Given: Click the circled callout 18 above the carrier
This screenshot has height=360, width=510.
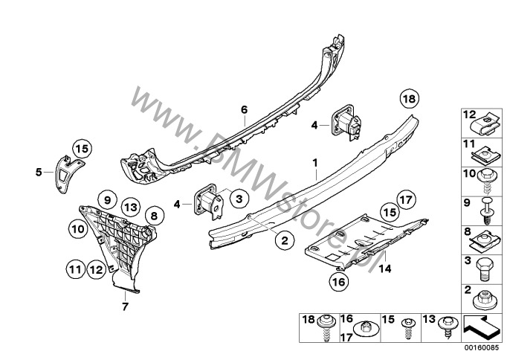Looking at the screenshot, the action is (x=410, y=98).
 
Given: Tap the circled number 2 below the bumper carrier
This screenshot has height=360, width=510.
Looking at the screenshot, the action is (x=285, y=240).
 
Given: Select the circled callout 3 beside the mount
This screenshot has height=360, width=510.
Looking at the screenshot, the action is (x=239, y=198).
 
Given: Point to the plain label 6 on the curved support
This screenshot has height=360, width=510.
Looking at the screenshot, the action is (x=244, y=109).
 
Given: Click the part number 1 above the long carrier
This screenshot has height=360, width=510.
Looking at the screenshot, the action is (x=315, y=162).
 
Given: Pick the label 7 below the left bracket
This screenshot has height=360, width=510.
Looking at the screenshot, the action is (x=125, y=306).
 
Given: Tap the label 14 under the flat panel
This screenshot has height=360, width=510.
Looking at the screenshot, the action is (x=385, y=269).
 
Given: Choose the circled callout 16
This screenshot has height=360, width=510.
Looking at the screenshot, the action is (x=338, y=282).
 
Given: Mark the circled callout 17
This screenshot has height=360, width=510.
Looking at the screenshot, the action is (x=406, y=199).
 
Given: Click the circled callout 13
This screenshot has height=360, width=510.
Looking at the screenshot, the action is (x=130, y=208).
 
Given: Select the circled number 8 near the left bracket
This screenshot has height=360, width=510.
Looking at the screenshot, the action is (x=154, y=216).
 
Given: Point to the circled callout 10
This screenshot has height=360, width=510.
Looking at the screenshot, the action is (x=78, y=229).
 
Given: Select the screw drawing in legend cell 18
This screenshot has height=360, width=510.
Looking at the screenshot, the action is (x=326, y=327).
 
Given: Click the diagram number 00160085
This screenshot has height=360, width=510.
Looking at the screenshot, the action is (x=482, y=347).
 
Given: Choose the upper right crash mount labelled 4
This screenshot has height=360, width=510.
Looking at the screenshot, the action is (x=346, y=123).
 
